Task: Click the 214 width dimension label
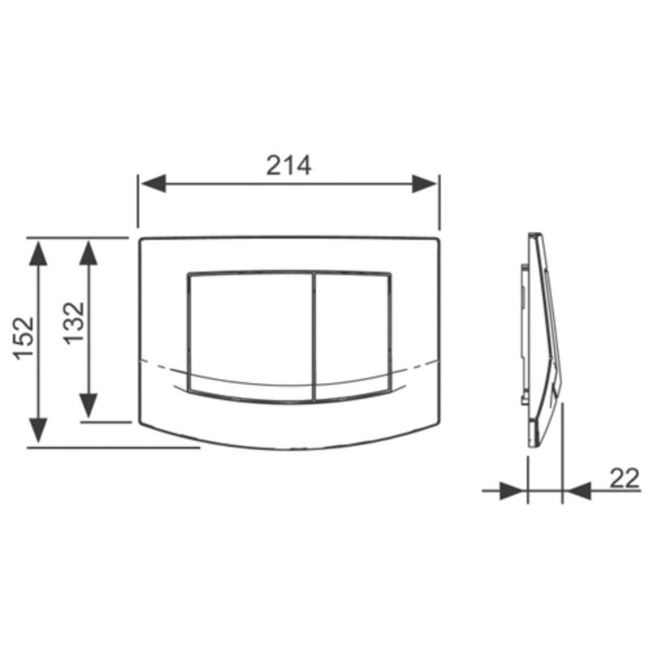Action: click(x=289, y=165)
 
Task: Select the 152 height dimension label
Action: click(x=24, y=337)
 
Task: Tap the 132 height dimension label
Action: click(x=74, y=323)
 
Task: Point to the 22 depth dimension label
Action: click(x=625, y=479)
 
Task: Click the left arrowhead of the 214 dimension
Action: click(x=153, y=183)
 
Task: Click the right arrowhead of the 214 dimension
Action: click(x=424, y=183)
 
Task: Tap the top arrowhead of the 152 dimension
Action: click(x=38, y=252)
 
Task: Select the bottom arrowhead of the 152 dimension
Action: click(x=38, y=431)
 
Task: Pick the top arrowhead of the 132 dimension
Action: click(x=88, y=252)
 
